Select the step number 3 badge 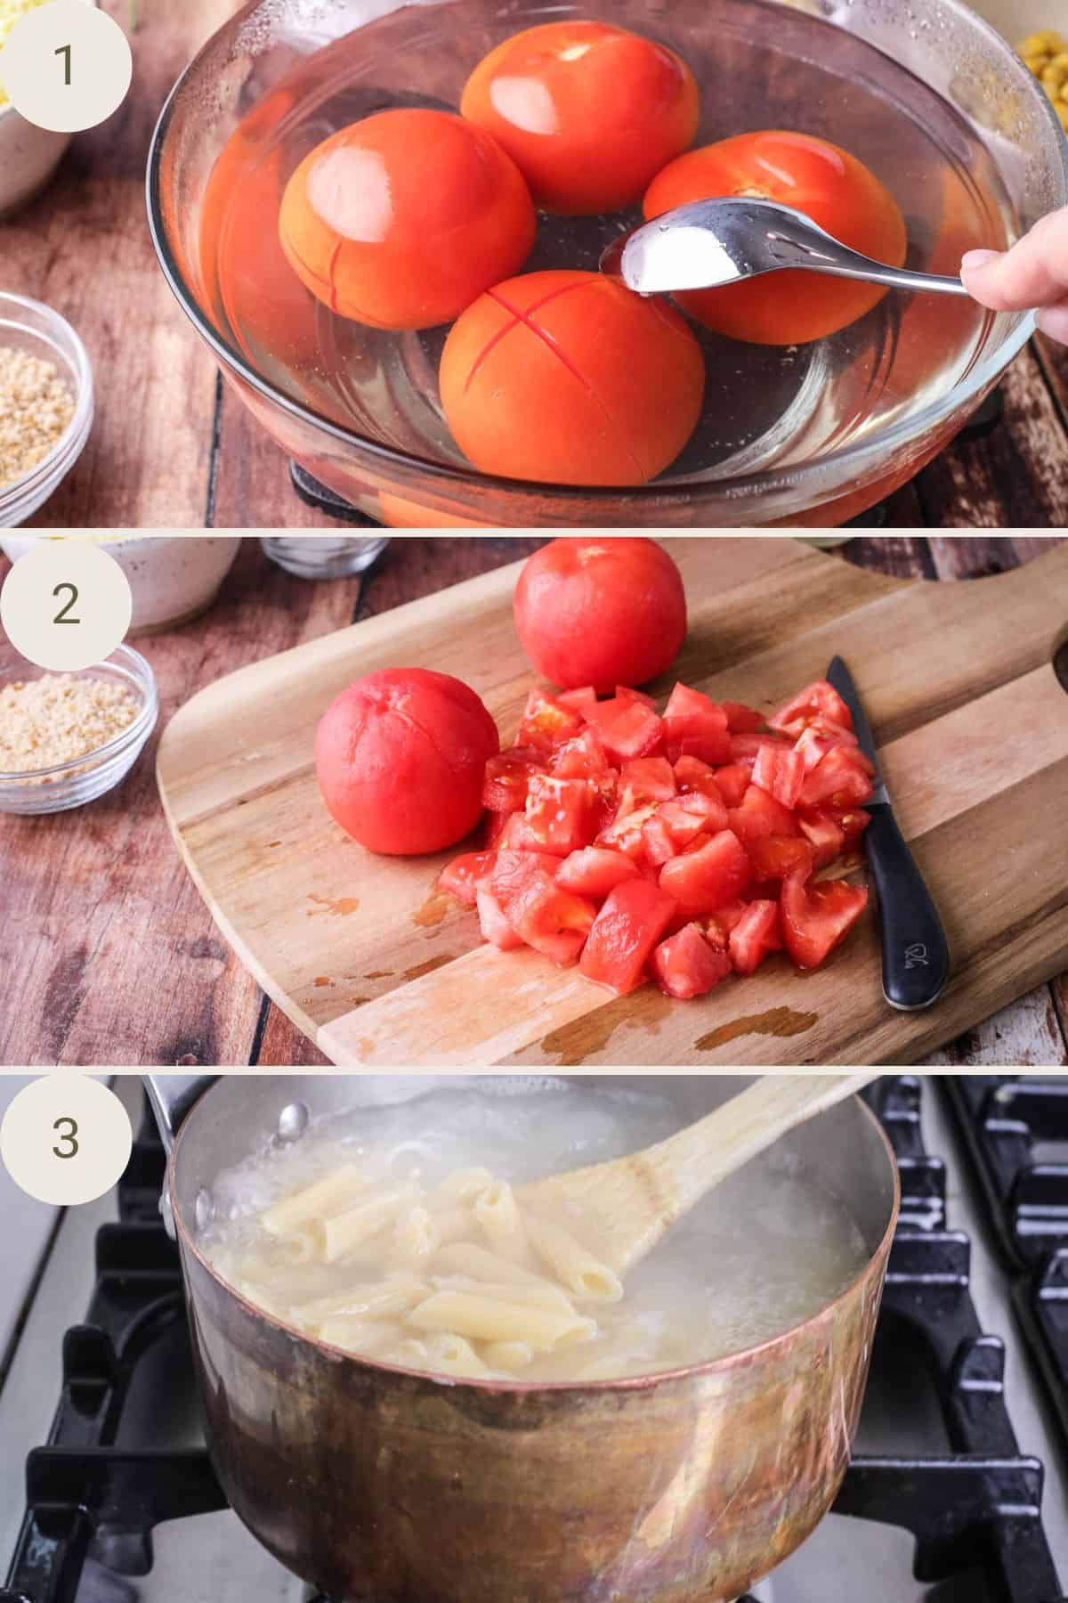point(66,1136)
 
